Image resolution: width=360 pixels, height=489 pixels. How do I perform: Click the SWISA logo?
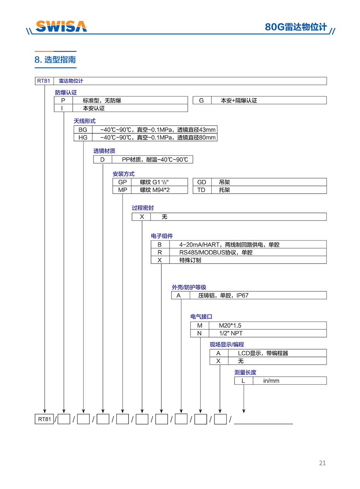click(61, 26)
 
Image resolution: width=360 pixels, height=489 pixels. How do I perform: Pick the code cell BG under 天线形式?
click(83, 130)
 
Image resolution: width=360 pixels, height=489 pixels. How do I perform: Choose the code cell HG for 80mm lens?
click(83, 138)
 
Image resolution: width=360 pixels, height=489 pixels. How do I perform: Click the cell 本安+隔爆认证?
click(238, 100)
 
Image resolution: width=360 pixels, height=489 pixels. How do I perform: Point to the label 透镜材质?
click(104, 151)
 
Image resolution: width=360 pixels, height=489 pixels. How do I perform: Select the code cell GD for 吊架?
click(202, 182)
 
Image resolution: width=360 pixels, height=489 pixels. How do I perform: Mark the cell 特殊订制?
click(190, 260)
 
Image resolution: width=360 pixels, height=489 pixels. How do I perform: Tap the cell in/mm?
click(271, 381)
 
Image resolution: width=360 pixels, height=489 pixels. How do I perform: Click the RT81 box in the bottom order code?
click(44, 419)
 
